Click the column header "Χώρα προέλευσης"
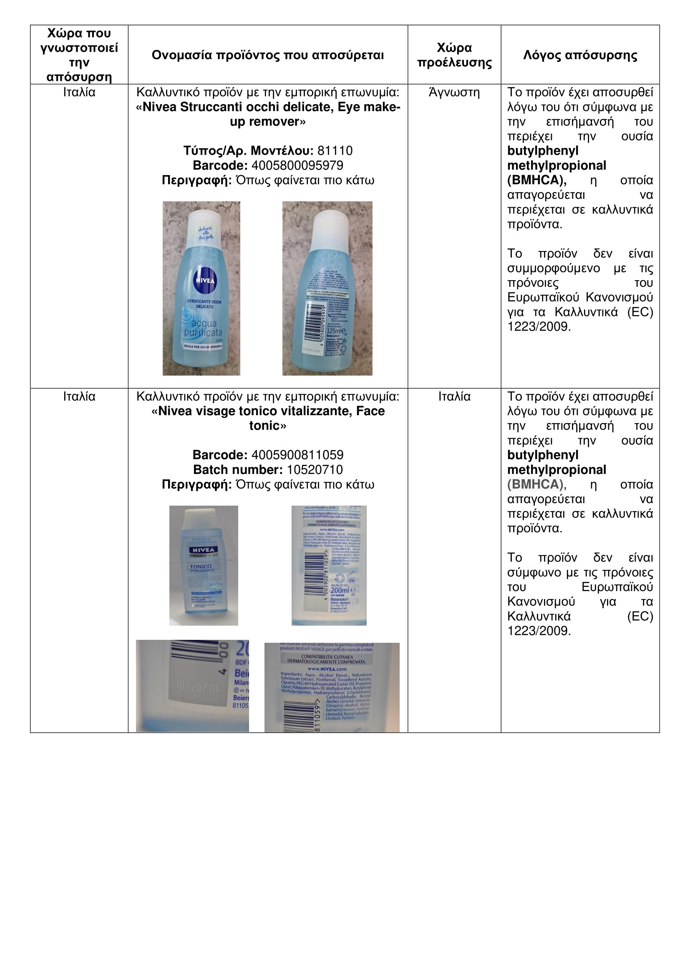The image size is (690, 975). pos(454,55)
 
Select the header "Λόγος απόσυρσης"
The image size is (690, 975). pos(580,55)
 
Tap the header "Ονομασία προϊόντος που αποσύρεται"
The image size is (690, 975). pos(268,55)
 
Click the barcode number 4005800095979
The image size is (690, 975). pos(297,165)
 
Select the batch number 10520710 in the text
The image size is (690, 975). pos(315,470)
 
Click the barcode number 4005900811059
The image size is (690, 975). pos(297,455)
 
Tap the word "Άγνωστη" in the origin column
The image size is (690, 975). pos(454,93)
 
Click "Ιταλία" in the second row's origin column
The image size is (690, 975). pos(454,396)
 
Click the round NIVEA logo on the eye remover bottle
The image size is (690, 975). pos(205,280)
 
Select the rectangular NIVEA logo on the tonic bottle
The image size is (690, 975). pos(204,550)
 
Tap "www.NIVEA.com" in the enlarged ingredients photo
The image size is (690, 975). pos(326,669)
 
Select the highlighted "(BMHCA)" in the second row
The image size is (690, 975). pos(535,484)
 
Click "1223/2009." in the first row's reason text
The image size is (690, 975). pos(539,326)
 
